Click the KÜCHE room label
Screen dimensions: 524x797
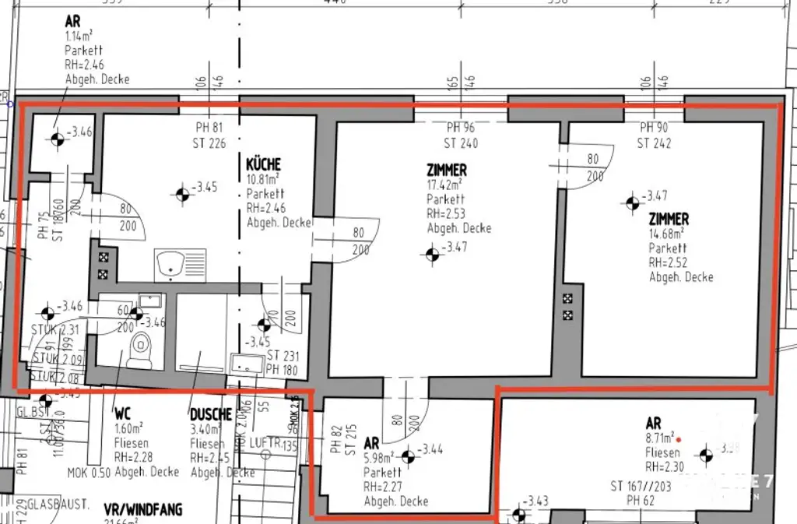coord(263,165)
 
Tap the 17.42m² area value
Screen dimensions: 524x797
coord(444,185)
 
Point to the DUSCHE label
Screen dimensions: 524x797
coord(211,415)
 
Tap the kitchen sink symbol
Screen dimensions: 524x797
coord(181,265)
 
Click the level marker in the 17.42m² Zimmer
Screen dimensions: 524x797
coord(433,254)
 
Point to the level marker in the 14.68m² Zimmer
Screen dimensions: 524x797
coord(632,202)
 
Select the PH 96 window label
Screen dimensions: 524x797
coord(461,128)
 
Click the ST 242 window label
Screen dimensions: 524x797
coord(654,142)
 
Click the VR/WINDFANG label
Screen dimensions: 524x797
coord(142,510)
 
